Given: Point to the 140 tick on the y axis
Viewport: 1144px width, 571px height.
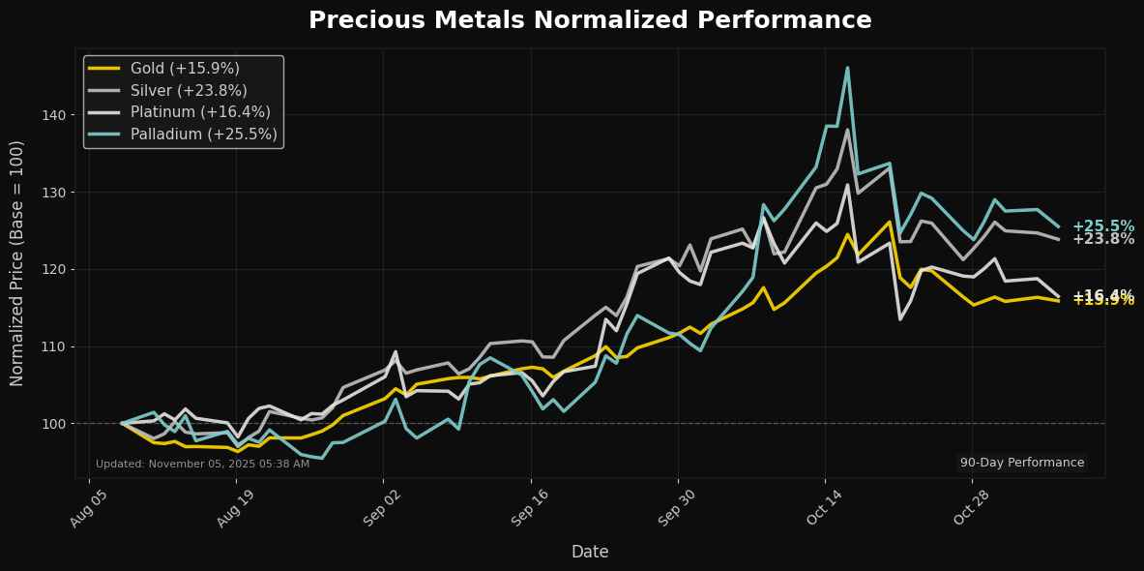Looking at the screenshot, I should pyautogui.click(x=54, y=115).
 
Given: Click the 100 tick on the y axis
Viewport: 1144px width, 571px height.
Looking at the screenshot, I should pyautogui.click(x=54, y=424).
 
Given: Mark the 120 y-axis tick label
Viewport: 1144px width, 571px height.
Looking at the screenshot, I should pyautogui.click(x=54, y=269).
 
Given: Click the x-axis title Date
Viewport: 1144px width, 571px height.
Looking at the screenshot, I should pyautogui.click(x=589, y=552).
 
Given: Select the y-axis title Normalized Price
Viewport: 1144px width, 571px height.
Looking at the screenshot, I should pyautogui.click(x=17, y=262).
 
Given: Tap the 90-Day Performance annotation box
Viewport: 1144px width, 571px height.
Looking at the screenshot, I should pyautogui.click(x=1022, y=463).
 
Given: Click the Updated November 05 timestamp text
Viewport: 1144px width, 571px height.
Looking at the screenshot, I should pyautogui.click(x=202, y=464).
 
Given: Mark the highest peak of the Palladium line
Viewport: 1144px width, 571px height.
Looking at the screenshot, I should pyautogui.click(x=847, y=68).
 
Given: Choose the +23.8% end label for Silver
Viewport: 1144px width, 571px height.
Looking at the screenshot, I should pyautogui.click(x=1102, y=239).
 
